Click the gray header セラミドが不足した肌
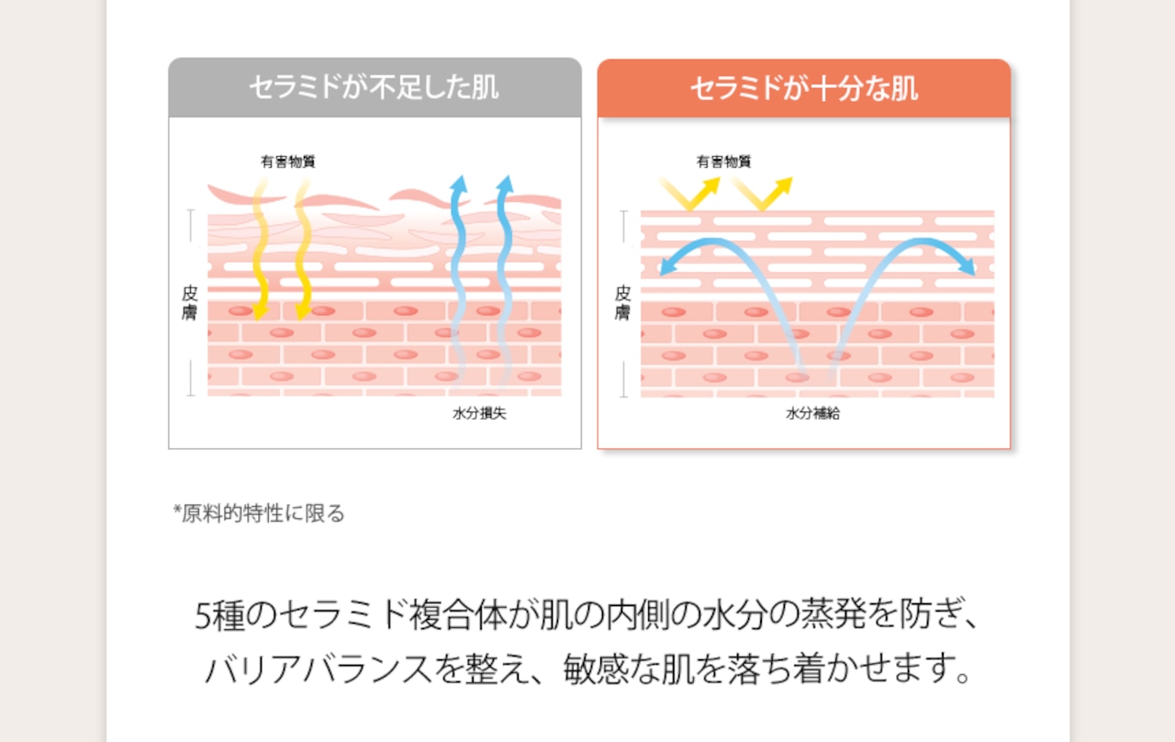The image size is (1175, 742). [x=375, y=88]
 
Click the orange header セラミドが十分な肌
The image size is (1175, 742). [x=803, y=89]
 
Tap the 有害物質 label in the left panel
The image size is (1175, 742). [x=288, y=163]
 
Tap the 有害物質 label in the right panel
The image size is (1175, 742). [x=723, y=163]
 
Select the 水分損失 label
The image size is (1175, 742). [x=479, y=413]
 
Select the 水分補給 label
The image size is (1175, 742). [x=813, y=413]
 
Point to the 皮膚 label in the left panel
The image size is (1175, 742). [x=190, y=302]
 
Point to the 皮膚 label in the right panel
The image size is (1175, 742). [x=622, y=302]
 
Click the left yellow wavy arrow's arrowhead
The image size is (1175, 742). [x=261, y=313]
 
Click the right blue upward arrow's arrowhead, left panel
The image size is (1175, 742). [x=504, y=184]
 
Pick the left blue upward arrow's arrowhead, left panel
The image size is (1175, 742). [x=458, y=184]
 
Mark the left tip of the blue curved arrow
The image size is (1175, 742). [x=665, y=270]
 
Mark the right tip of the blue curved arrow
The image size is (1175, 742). [x=970, y=270]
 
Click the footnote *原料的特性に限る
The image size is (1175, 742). [x=260, y=513]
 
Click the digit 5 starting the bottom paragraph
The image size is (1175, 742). [x=204, y=616]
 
